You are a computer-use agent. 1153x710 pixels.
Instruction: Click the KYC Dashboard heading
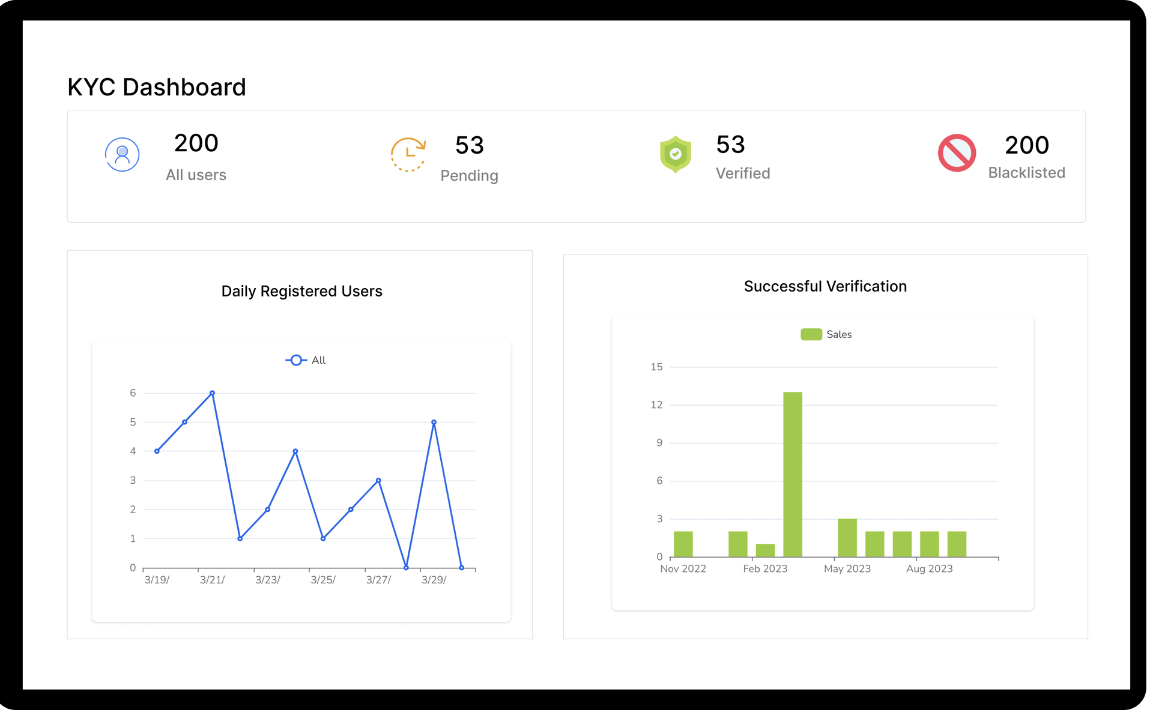[x=157, y=88]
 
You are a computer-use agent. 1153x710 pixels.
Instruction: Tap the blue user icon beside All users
[x=123, y=155]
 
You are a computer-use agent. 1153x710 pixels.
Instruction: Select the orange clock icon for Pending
[x=408, y=155]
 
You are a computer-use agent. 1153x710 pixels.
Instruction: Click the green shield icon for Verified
[x=676, y=154]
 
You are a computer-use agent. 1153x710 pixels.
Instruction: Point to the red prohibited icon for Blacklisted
[x=957, y=153]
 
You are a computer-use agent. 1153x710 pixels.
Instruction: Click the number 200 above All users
[x=196, y=143]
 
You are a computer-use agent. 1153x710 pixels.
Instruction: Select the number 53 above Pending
[x=469, y=145]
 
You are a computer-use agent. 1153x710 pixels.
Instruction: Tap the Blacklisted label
[x=1026, y=173]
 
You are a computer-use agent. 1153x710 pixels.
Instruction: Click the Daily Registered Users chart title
[x=301, y=291]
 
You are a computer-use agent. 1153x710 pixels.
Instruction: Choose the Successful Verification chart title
[x=825, y=286]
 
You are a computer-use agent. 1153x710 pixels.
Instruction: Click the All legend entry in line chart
[x=306, y=360]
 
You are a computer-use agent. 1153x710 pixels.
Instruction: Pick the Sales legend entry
[x=826, y=334]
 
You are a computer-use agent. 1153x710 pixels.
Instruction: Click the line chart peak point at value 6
[x=212, y=393]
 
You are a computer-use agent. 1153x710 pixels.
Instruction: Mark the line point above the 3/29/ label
[x=434, y=423]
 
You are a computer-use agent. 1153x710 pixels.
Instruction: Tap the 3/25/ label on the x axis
[x=323, y=580]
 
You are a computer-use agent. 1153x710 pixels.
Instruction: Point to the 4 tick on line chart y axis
[x=133, y=451]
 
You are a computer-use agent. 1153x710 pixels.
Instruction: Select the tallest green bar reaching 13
[x=792, y=474]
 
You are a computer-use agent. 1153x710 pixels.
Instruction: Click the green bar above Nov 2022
[x=683, y=544]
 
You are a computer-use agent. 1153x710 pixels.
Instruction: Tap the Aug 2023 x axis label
[x=929, y=568]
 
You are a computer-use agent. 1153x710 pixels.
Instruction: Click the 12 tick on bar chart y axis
[x=656, y=405]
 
